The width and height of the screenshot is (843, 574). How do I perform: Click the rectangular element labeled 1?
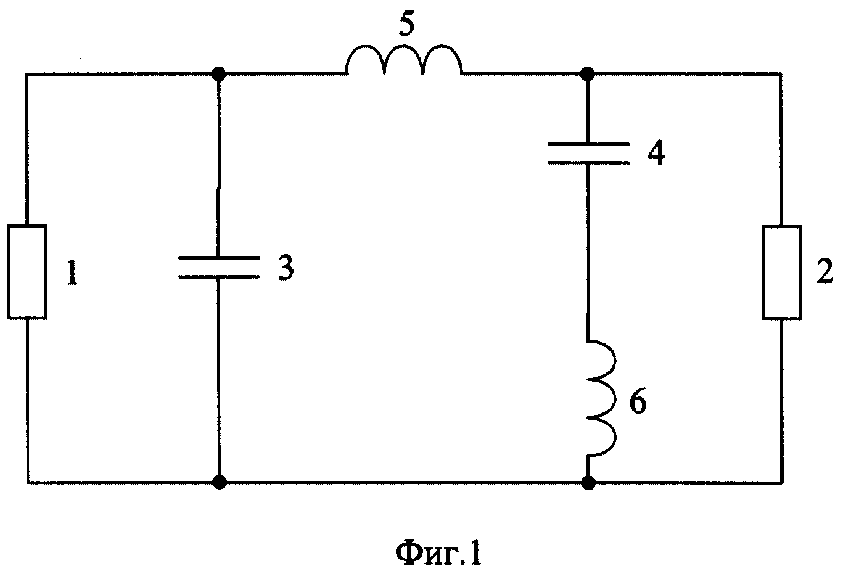[x=28, y=272]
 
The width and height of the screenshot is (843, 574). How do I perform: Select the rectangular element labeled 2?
[x=782, y=273]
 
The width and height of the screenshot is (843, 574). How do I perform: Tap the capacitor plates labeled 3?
[x=219, y=268]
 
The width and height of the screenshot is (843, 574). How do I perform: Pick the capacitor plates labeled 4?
[x=588, y=154]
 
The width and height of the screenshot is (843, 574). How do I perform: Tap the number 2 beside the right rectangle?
[x=825, y=271]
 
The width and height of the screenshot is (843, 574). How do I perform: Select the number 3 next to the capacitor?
[x=286, y=268]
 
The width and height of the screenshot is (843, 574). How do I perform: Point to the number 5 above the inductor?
[x=406, y=25]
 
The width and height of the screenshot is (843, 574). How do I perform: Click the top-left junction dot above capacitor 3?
[x=219, y=74]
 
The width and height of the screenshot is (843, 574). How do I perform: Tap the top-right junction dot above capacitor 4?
[x=587, y=74]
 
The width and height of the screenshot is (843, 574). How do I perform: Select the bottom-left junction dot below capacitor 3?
[x=220, y=482]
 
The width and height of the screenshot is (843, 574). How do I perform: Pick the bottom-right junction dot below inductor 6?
[x=588, y=482]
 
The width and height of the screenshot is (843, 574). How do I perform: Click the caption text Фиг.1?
[x=438, y=554]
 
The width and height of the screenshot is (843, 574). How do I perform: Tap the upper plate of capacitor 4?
[x=588, y=144]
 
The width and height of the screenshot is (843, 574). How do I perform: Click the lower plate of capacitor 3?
[x=219, y=276]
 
